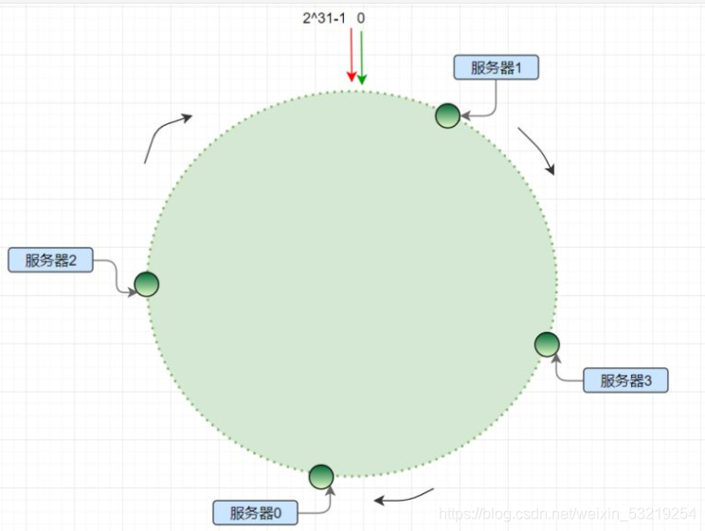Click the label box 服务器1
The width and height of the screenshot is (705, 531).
pos(497,67)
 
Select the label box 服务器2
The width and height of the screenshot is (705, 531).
pos(50,260)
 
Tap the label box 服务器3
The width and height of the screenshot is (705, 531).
pos(625,381)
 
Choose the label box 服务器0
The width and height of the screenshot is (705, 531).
pos(256,513)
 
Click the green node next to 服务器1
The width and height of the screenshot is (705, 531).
pos(447,115)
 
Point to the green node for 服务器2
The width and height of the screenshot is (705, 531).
pos(146,283)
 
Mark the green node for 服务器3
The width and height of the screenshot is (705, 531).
pos(547,345)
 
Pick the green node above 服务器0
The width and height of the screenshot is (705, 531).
pos(321,476)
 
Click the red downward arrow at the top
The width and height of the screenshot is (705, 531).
pos(351,57)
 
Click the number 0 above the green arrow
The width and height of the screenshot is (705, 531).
pos(361,17)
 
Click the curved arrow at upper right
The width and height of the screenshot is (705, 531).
pos(537,150)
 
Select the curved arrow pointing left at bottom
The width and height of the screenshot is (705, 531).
pos(405,495)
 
